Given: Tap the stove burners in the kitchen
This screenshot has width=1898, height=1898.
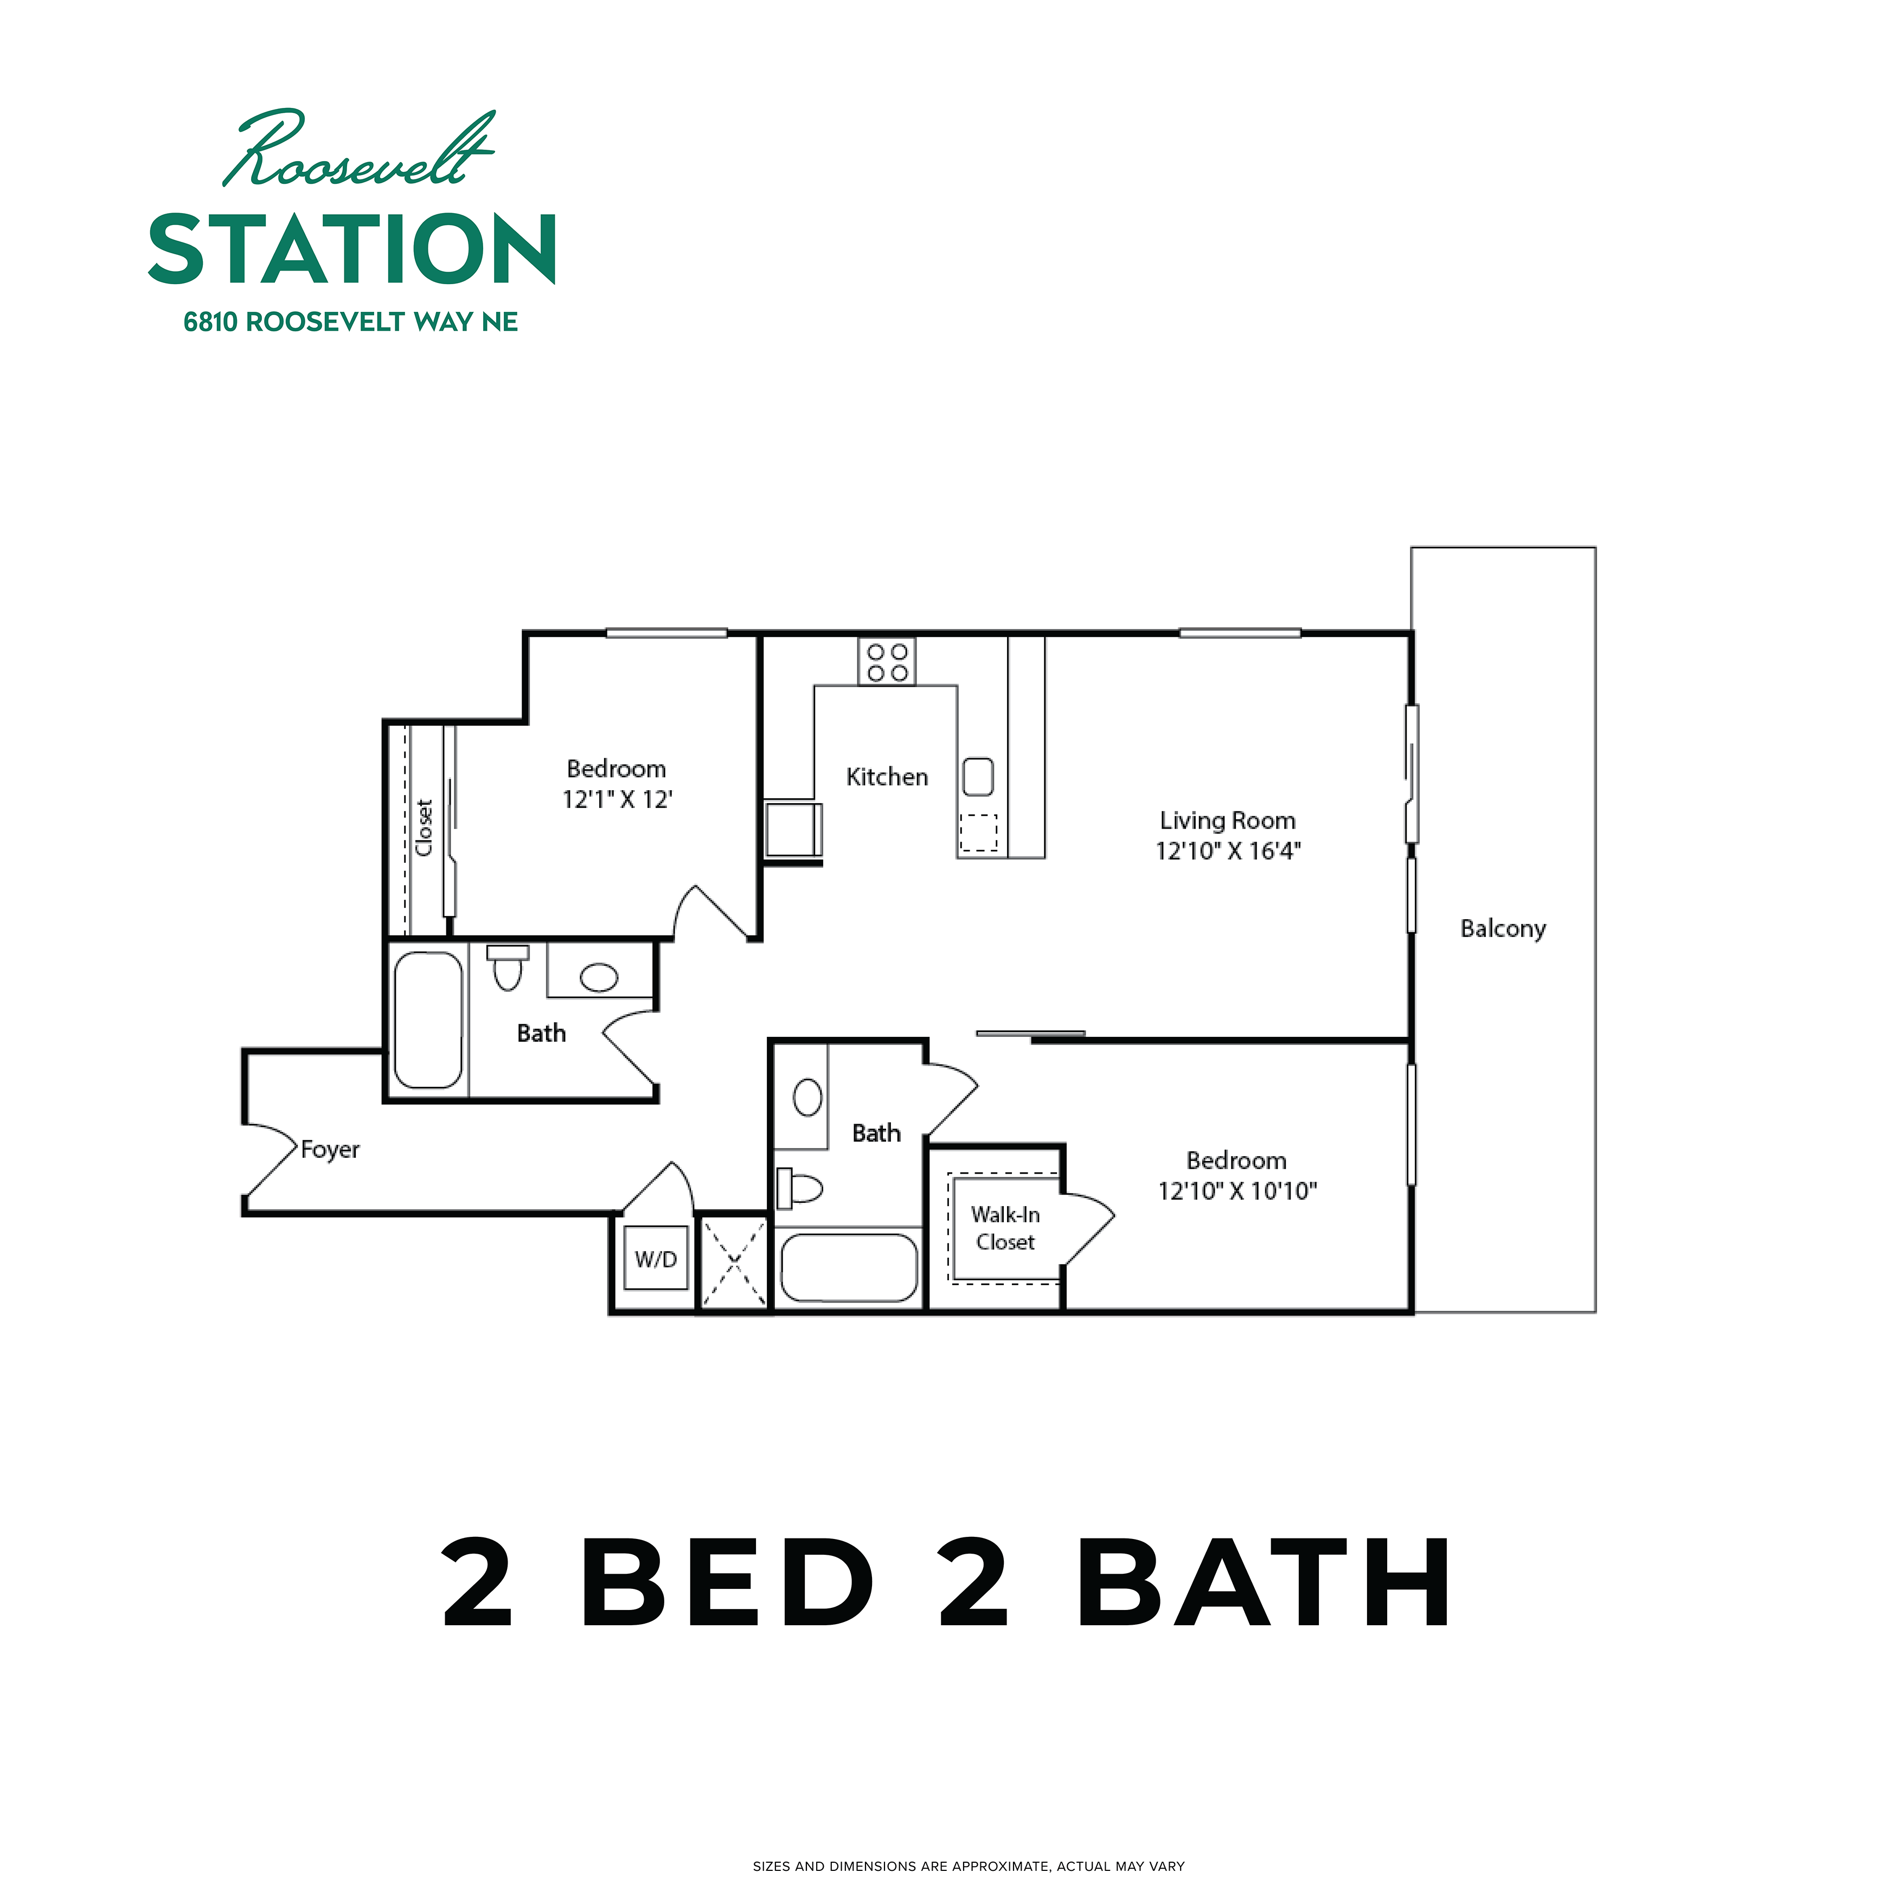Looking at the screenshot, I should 887,662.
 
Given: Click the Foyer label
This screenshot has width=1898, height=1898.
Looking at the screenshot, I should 330,1150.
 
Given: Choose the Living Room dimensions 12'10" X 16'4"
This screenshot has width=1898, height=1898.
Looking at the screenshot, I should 1227,851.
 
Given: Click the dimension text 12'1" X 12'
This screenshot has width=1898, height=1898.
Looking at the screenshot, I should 617,800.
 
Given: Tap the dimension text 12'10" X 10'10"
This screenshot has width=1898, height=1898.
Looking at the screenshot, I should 1237,1191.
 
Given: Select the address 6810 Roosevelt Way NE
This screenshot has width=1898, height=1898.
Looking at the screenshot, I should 351,322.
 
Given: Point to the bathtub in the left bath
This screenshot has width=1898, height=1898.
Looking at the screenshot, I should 428,1019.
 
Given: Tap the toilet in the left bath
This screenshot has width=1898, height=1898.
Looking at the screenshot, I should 508,967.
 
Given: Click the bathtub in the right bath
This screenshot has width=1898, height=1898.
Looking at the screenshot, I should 849,1267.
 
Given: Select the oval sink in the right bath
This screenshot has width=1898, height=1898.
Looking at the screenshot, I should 807,1098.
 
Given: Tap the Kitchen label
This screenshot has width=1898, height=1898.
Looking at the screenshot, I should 887,777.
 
